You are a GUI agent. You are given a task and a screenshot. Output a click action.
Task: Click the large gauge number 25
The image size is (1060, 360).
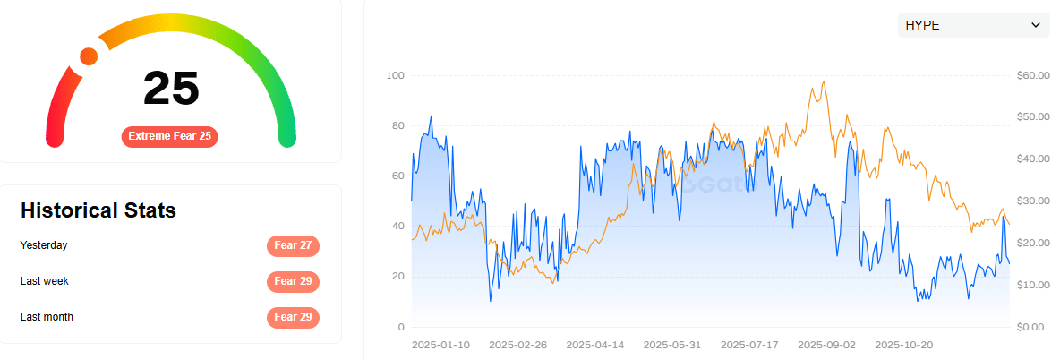171,89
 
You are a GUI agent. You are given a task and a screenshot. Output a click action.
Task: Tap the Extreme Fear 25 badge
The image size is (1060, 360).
170,136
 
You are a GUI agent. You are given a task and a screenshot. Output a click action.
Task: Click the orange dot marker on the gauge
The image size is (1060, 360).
89,56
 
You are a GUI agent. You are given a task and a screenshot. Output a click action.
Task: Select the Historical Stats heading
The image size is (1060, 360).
98,210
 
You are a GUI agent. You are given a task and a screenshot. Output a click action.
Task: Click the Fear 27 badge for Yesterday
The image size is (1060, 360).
293,246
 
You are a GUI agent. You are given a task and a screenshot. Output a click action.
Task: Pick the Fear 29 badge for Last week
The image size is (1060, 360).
293,282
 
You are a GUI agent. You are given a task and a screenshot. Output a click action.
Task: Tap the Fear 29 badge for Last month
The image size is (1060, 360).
293,318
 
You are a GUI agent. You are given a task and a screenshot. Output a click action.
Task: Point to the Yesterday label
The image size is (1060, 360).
44,245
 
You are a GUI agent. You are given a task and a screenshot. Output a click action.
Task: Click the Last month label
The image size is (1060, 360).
47,317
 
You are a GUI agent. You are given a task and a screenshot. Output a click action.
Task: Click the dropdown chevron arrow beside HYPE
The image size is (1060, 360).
1036,26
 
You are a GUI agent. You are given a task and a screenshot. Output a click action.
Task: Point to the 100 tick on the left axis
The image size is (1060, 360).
395,75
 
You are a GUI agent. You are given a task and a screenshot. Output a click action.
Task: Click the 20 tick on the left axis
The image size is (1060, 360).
397,277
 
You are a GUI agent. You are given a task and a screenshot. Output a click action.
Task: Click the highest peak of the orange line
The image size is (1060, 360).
823,82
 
